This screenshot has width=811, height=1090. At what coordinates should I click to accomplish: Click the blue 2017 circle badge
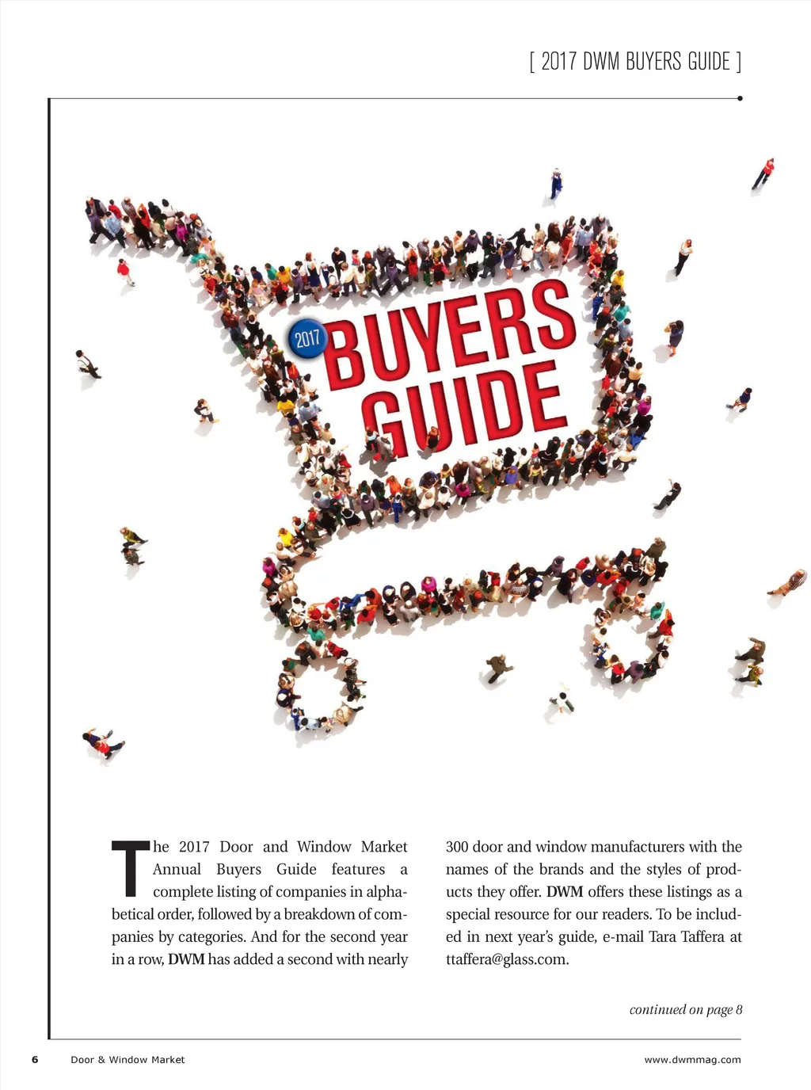tap(307, 339)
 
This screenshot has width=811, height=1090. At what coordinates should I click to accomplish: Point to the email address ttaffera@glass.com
tap(507, 959)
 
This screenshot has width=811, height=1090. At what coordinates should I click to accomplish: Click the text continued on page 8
tap(686, 1009)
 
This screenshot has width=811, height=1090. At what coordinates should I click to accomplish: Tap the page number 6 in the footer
tap(35, 1059)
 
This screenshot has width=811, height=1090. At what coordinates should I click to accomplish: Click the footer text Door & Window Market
tap(128, 1059)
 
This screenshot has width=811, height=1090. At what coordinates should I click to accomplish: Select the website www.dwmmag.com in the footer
tap(692, 1059)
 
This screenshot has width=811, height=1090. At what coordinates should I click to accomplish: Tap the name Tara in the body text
tap(662, 936)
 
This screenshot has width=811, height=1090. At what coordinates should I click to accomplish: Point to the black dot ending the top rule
tap(740, 99)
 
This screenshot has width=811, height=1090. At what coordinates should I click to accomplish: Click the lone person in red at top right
tap(764, 173)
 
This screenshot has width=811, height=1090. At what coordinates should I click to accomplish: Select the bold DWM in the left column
tap(186, 959)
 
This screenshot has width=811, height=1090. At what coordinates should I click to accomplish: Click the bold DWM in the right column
tap(565, 892)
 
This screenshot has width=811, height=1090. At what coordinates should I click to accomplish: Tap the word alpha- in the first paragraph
tap(386, 892)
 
